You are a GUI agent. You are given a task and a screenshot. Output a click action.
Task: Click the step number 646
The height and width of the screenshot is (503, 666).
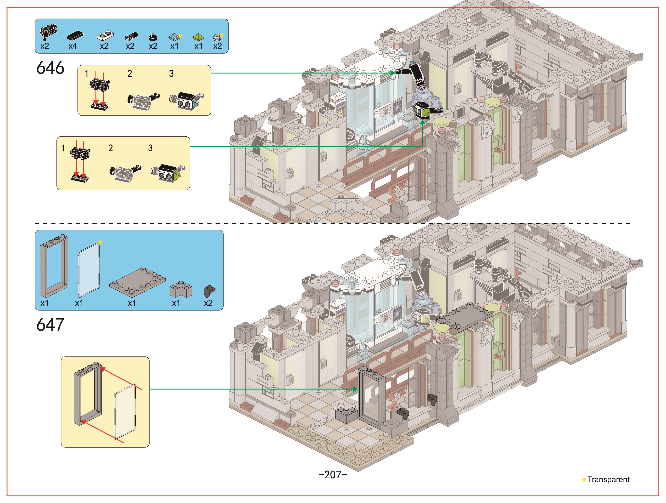click(x=50, y=68)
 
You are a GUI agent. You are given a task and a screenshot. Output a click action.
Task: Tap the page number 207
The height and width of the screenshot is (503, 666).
click(x=333, y=475)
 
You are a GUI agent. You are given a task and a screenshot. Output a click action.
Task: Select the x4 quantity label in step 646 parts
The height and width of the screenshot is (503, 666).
click(x=73, y=46)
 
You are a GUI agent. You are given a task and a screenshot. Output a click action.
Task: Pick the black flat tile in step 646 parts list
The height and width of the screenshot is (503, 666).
click(x=75, y=36)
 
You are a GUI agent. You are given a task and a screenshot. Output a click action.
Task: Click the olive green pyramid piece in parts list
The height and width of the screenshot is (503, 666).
click(x=198, y=37)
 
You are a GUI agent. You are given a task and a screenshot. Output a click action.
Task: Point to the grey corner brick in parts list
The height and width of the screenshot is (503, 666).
click(x=181, y=289)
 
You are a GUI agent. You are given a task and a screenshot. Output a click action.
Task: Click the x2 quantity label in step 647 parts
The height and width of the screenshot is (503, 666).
click(x=208, y=303)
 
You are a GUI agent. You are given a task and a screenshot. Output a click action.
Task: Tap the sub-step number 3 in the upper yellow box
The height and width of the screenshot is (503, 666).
click(x=171, y=73)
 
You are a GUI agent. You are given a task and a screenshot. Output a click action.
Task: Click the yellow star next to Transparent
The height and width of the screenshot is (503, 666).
click(x=584, y=480)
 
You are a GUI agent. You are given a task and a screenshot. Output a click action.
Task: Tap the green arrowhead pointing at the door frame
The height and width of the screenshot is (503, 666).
click(x=355, y=389)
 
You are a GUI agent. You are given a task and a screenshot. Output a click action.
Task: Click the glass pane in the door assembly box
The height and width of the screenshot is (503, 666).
click(x=125, y=412)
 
